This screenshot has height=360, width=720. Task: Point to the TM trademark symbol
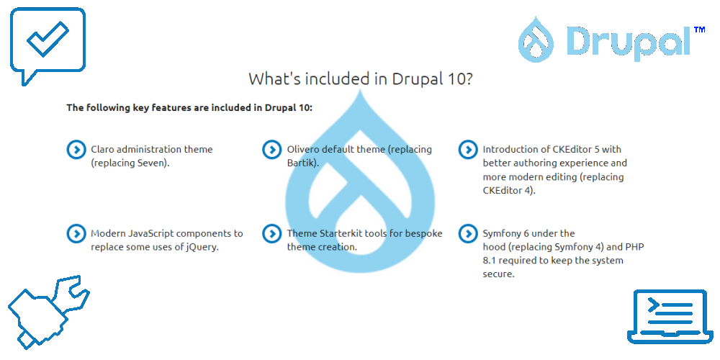point(699,30)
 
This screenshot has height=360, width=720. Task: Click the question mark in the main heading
point(468,79)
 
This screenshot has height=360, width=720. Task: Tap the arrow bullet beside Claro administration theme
point(76,150)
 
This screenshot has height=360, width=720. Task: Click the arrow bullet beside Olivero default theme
point(272,150)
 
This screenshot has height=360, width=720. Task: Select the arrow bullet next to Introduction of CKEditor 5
point(468,150)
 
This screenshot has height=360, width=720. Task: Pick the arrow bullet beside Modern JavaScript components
point(76,233)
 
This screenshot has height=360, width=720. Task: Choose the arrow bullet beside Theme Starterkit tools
point(272,233)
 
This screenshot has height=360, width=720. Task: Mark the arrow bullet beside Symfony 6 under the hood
point(468,233)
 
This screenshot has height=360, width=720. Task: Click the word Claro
point(103,149)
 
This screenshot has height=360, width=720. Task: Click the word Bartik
point(301,163)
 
